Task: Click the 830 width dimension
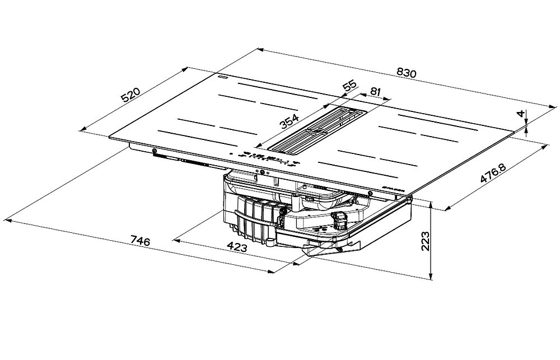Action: point(407,73)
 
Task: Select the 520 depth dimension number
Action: point(130,94)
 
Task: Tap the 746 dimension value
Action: point(139,241)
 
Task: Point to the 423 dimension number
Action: point(237,246)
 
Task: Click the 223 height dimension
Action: point(425,241)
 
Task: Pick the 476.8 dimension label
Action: point(493,174)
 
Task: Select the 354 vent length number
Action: point(289,121)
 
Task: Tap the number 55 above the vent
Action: point(349,86)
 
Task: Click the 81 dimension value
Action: point(375,91)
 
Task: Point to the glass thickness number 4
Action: point(521,114)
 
